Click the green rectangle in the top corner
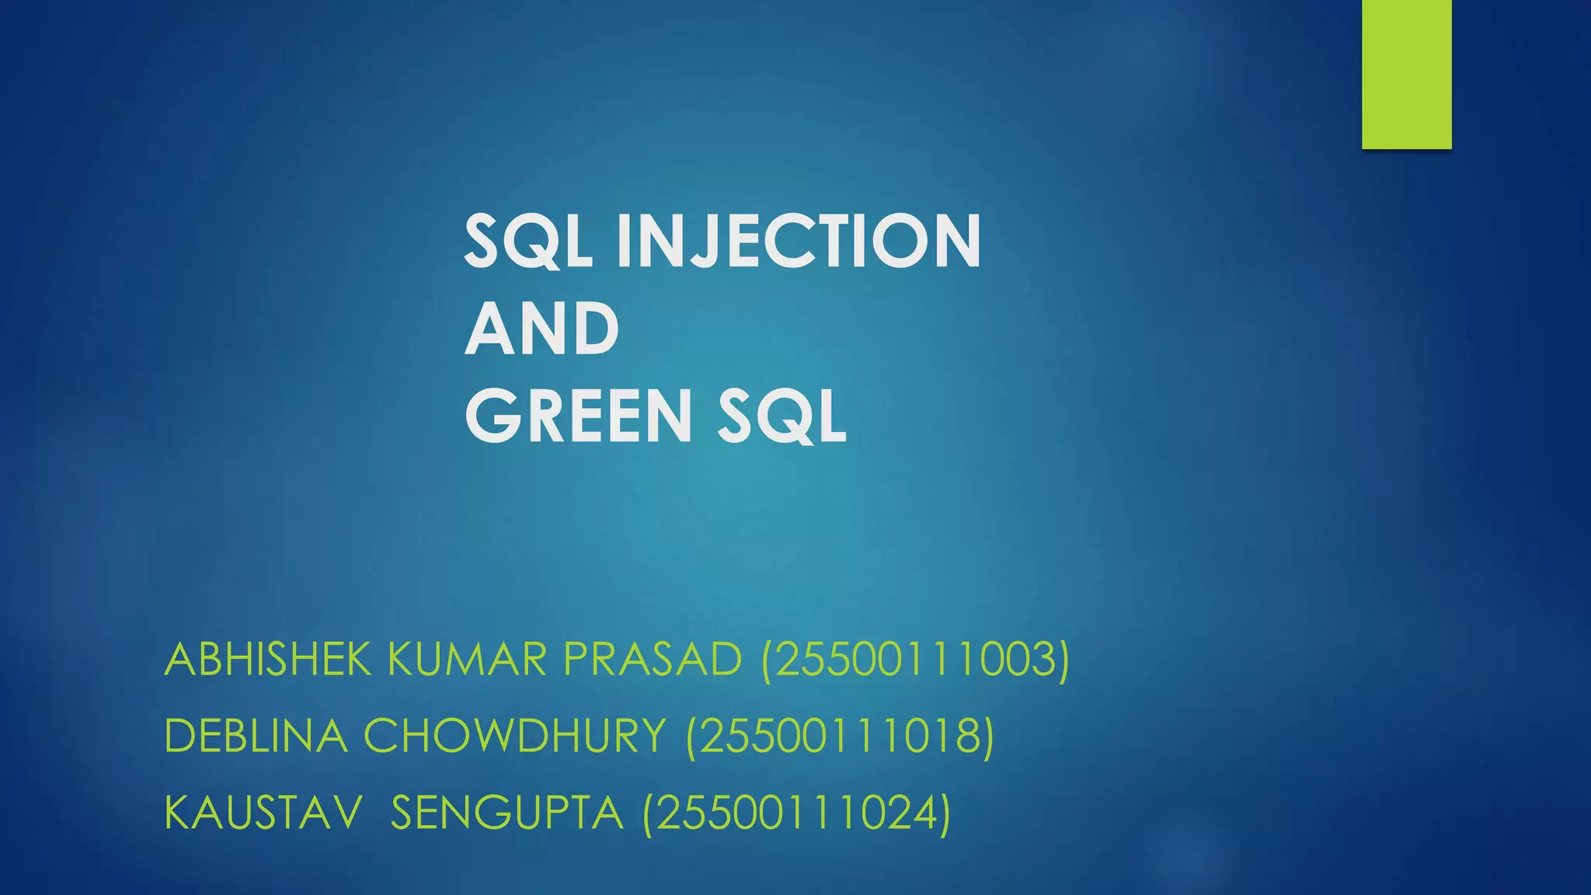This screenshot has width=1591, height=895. pos(1406,74)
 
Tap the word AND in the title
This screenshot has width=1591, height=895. pos(541,329)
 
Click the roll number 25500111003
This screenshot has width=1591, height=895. pos(915,660)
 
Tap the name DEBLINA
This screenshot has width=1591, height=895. pos(256,736)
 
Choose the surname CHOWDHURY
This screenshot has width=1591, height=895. pos(514,736)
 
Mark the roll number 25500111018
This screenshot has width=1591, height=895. pos(840,736)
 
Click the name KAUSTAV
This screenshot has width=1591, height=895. pos(263,813)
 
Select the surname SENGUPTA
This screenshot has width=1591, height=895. pos(507,813)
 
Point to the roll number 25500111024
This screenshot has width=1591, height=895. pos(796,813)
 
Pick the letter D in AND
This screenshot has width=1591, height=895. pos(594,329)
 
